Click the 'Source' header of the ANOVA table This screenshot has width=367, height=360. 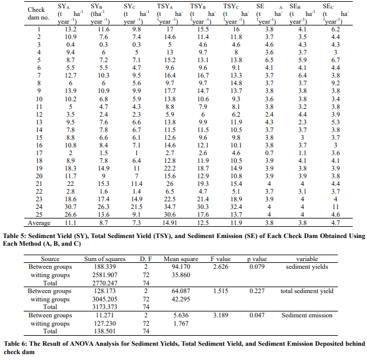50,259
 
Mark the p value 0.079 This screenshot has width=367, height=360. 257,267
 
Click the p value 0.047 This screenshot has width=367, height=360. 257,317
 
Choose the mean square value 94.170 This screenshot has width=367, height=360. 182,267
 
